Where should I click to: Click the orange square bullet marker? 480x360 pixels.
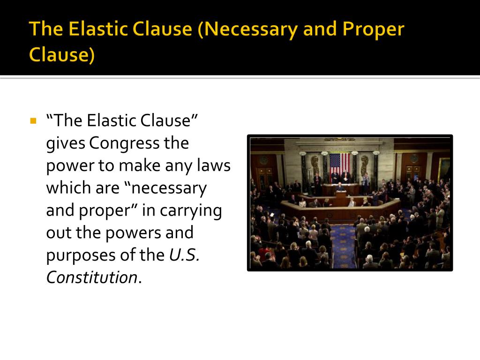33,121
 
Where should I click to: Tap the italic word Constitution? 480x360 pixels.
91,277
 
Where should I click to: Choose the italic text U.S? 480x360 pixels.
184,255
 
